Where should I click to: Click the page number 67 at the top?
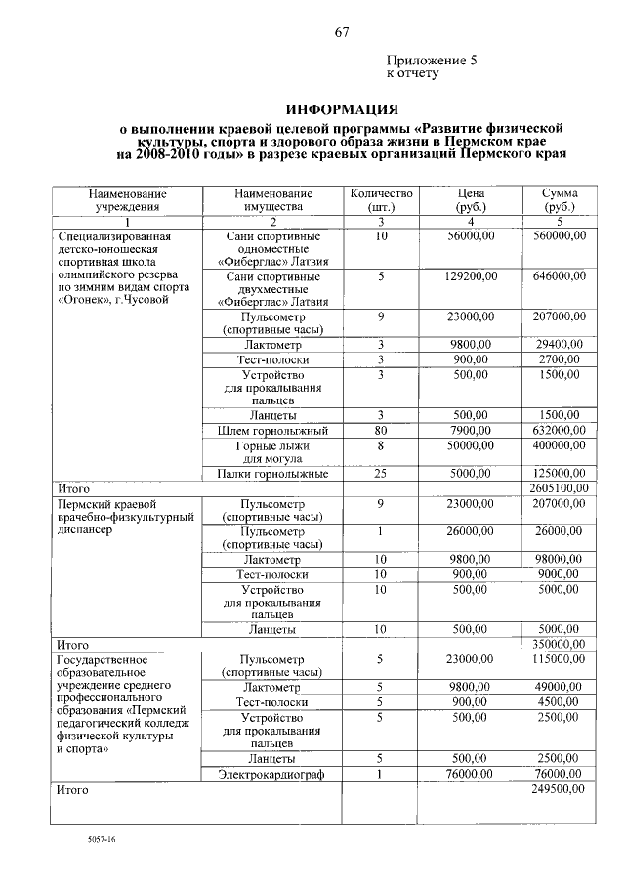[x=342, y=32]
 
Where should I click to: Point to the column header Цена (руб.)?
[x=471, y=200]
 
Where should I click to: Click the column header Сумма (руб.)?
[x=560, y=200]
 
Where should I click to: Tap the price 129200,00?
[x=471, y=277]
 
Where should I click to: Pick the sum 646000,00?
[x=560, y=277]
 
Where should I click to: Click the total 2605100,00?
[x=558, y=487]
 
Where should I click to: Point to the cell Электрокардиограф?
[x=271, y=774]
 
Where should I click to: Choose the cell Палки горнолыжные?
[x=271, y=474]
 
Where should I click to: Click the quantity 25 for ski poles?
[x=381, y=474]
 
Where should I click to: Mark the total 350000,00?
[x=560, y=645]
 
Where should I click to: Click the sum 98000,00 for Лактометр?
[x=560, y=560]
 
